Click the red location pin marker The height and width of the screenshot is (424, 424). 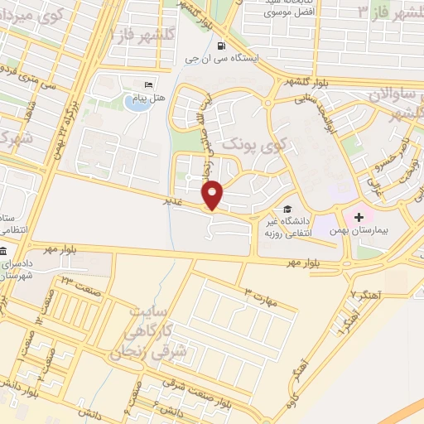(x=213, y=195)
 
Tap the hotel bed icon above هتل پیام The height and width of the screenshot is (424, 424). (x=149, y=85)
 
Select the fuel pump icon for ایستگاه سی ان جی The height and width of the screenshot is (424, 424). (x=220, y=45)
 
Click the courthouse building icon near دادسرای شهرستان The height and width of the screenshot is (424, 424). (x=4, y=251)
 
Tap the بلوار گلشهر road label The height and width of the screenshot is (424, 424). (x=303, y=82)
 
